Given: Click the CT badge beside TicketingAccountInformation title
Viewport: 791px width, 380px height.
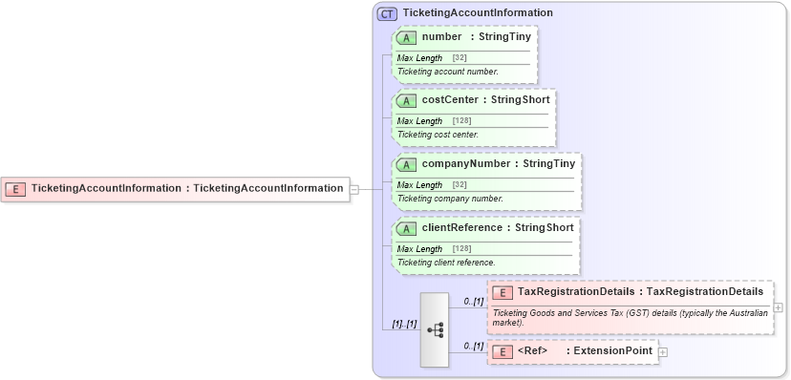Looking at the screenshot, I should click(387, 13).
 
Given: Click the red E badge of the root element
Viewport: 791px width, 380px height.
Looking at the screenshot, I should click(16, 188).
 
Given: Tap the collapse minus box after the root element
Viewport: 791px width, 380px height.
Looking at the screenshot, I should click(354, 188).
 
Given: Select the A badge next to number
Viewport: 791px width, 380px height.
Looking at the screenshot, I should click(407, 37).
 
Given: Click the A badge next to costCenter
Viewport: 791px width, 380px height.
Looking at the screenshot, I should click(407, 100).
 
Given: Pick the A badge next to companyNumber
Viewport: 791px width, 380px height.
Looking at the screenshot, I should click(407, 163).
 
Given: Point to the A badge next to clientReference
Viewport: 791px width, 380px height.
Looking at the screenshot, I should click(407, 227).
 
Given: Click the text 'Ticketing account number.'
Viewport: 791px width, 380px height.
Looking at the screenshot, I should click(447, 72).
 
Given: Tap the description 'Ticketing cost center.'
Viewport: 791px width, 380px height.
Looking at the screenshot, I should click(438, 135).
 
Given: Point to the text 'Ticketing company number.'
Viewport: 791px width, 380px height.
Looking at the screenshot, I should click(449, 199).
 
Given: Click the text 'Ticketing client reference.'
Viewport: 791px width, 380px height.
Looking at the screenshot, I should click(446, 262).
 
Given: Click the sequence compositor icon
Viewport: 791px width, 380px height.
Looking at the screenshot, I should click(435, 329).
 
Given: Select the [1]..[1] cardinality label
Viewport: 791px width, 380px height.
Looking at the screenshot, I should click(404, 324).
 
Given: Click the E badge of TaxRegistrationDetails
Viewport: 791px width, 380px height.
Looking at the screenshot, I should click(502, 291).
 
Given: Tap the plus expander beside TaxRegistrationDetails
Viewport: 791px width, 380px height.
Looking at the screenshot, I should click(779, 307).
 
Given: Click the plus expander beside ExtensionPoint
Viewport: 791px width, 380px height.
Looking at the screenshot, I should click(663, 351).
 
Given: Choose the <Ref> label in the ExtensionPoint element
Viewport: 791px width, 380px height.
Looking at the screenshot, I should click(531, 351).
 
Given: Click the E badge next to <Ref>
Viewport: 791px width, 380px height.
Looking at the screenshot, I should click(502, 351).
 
